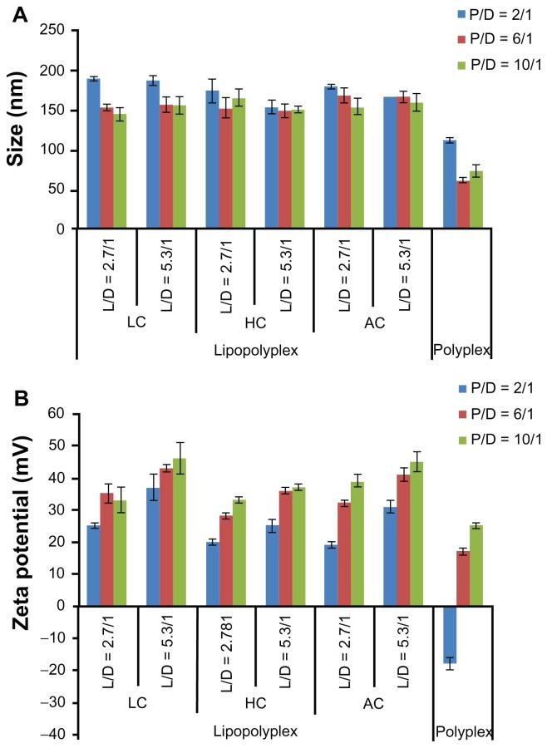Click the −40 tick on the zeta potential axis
click(x=52, y=735)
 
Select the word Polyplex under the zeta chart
click(x=462, y=732)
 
